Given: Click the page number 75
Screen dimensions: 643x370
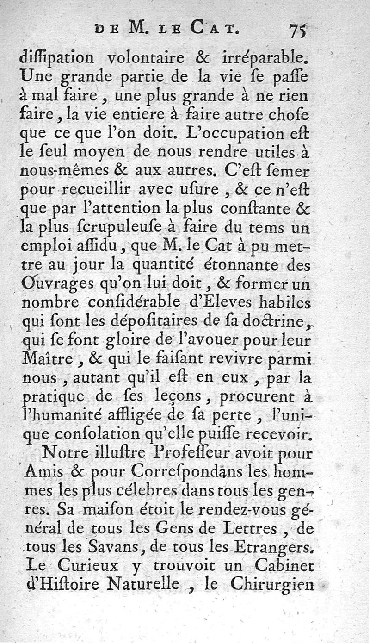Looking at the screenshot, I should pyautogui.click(x=298, y=32).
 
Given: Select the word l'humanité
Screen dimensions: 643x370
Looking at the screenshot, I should pyautogui.click(x=70, y=415).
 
